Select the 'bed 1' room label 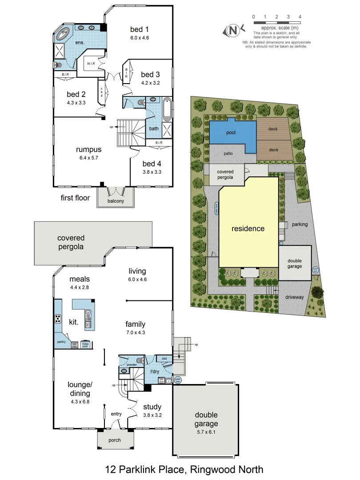(x=139, y=30)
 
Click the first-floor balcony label (x=116, y=201)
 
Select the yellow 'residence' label (x=248, y=229)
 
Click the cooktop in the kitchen (x=58, y=318)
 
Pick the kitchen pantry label (x=61, y=341)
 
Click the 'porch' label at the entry (x=115, y=440)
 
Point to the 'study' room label (x=152, y=407)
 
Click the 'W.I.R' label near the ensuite (x=92, y=64)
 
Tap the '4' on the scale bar (x=300, y=16)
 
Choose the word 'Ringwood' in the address (x=212, y=469)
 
